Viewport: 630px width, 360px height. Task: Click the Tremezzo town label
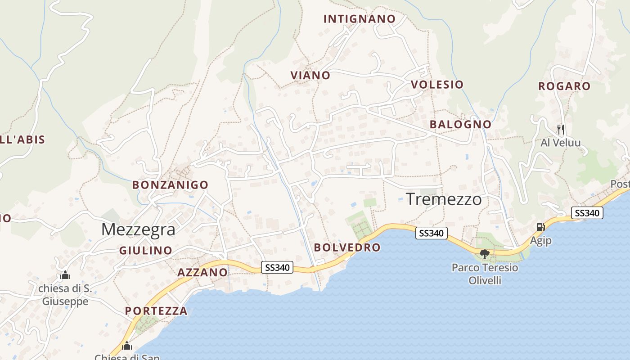(444, 199)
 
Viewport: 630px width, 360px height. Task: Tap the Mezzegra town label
(138, 229)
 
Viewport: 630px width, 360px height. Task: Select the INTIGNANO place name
(360, 19)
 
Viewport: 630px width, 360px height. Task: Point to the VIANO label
(310, 76)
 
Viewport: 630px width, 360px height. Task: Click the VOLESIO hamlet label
(437, 85)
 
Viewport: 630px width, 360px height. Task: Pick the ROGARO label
(564, 86)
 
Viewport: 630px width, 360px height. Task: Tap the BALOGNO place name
(460, 124)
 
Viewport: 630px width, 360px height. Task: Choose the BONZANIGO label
(170, 185)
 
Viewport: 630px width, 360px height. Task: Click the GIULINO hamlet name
(146, 251)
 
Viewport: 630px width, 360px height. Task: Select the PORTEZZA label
(156, 311)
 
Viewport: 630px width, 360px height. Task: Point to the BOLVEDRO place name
(347, 247)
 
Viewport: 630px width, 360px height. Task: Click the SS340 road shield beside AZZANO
(277, 268)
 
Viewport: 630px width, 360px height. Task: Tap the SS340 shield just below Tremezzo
(431, 233)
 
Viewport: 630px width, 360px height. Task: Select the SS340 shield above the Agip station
(587, 213)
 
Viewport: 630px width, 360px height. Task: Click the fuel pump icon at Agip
(540, 227)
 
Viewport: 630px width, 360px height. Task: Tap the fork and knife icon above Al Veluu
(560, 130)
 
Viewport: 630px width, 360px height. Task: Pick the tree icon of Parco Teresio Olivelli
(485, 254)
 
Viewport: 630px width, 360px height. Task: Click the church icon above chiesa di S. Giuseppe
(65, 274)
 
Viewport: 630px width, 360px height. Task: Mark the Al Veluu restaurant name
(560, 143)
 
